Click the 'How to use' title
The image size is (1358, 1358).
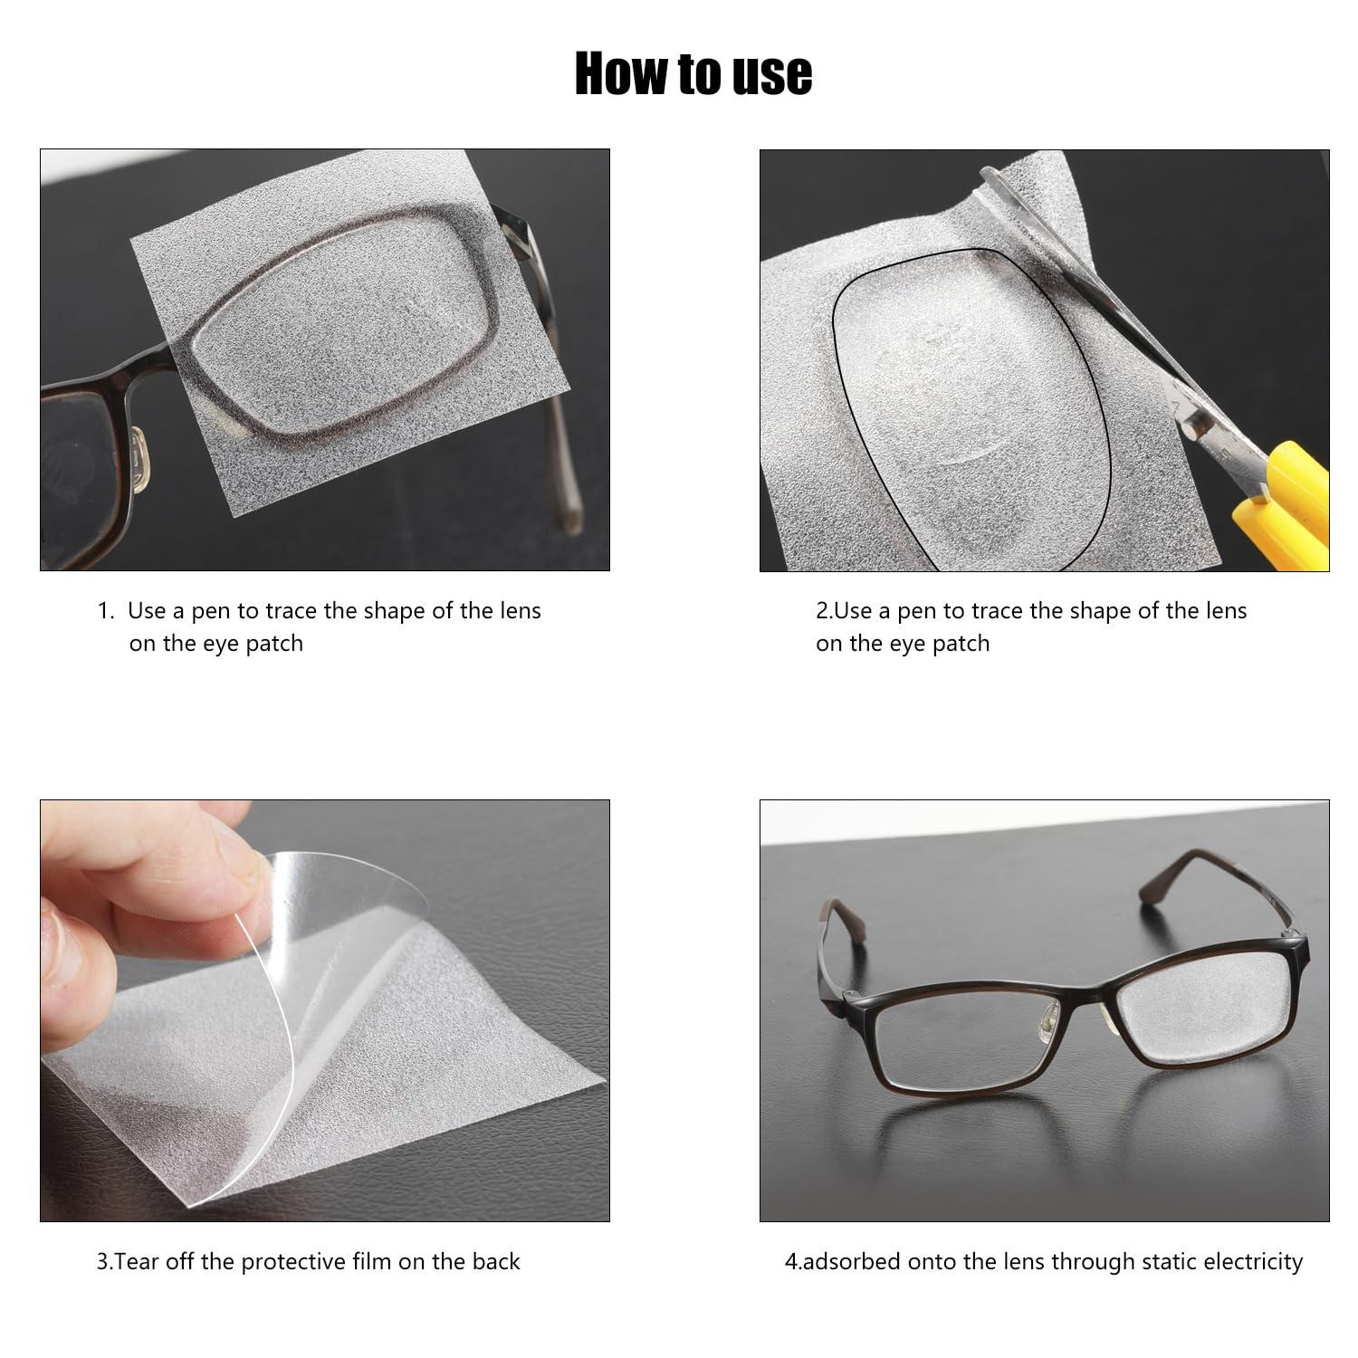(693, 74)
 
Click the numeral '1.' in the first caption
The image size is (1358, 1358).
(106, 611)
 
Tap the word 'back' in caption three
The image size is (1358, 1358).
(496, 1261)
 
